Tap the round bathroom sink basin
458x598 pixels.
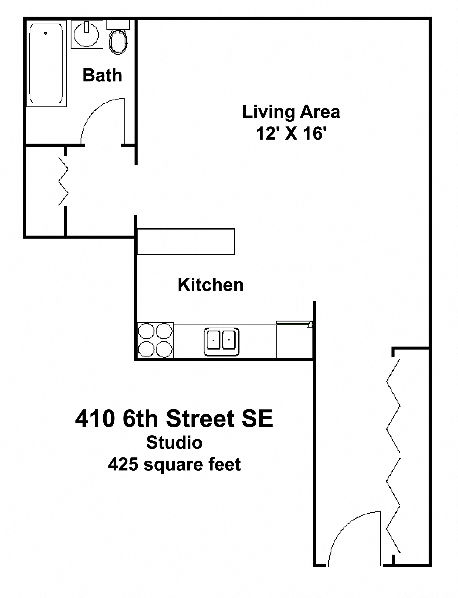(x=86, y=34)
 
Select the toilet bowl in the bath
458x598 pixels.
(x=118, y=42)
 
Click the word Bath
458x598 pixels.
(x=102, y=75)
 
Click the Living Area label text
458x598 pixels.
(x=291, y=112)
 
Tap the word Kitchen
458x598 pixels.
(x=210, y=285)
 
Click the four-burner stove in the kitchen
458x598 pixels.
(x=155, y=340)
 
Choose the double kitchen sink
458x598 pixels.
(x=221, y=342)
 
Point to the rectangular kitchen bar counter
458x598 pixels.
(x=186, y=241)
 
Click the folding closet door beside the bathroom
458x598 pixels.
(x=63, y=181)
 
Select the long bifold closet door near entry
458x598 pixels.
(x=393, y=456)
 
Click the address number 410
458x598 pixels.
(x=95, y=419)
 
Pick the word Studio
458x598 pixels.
(x=174, y=443)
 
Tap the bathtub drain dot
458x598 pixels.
(x=45, y=33)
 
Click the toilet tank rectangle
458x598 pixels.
(x=118, y=25)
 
